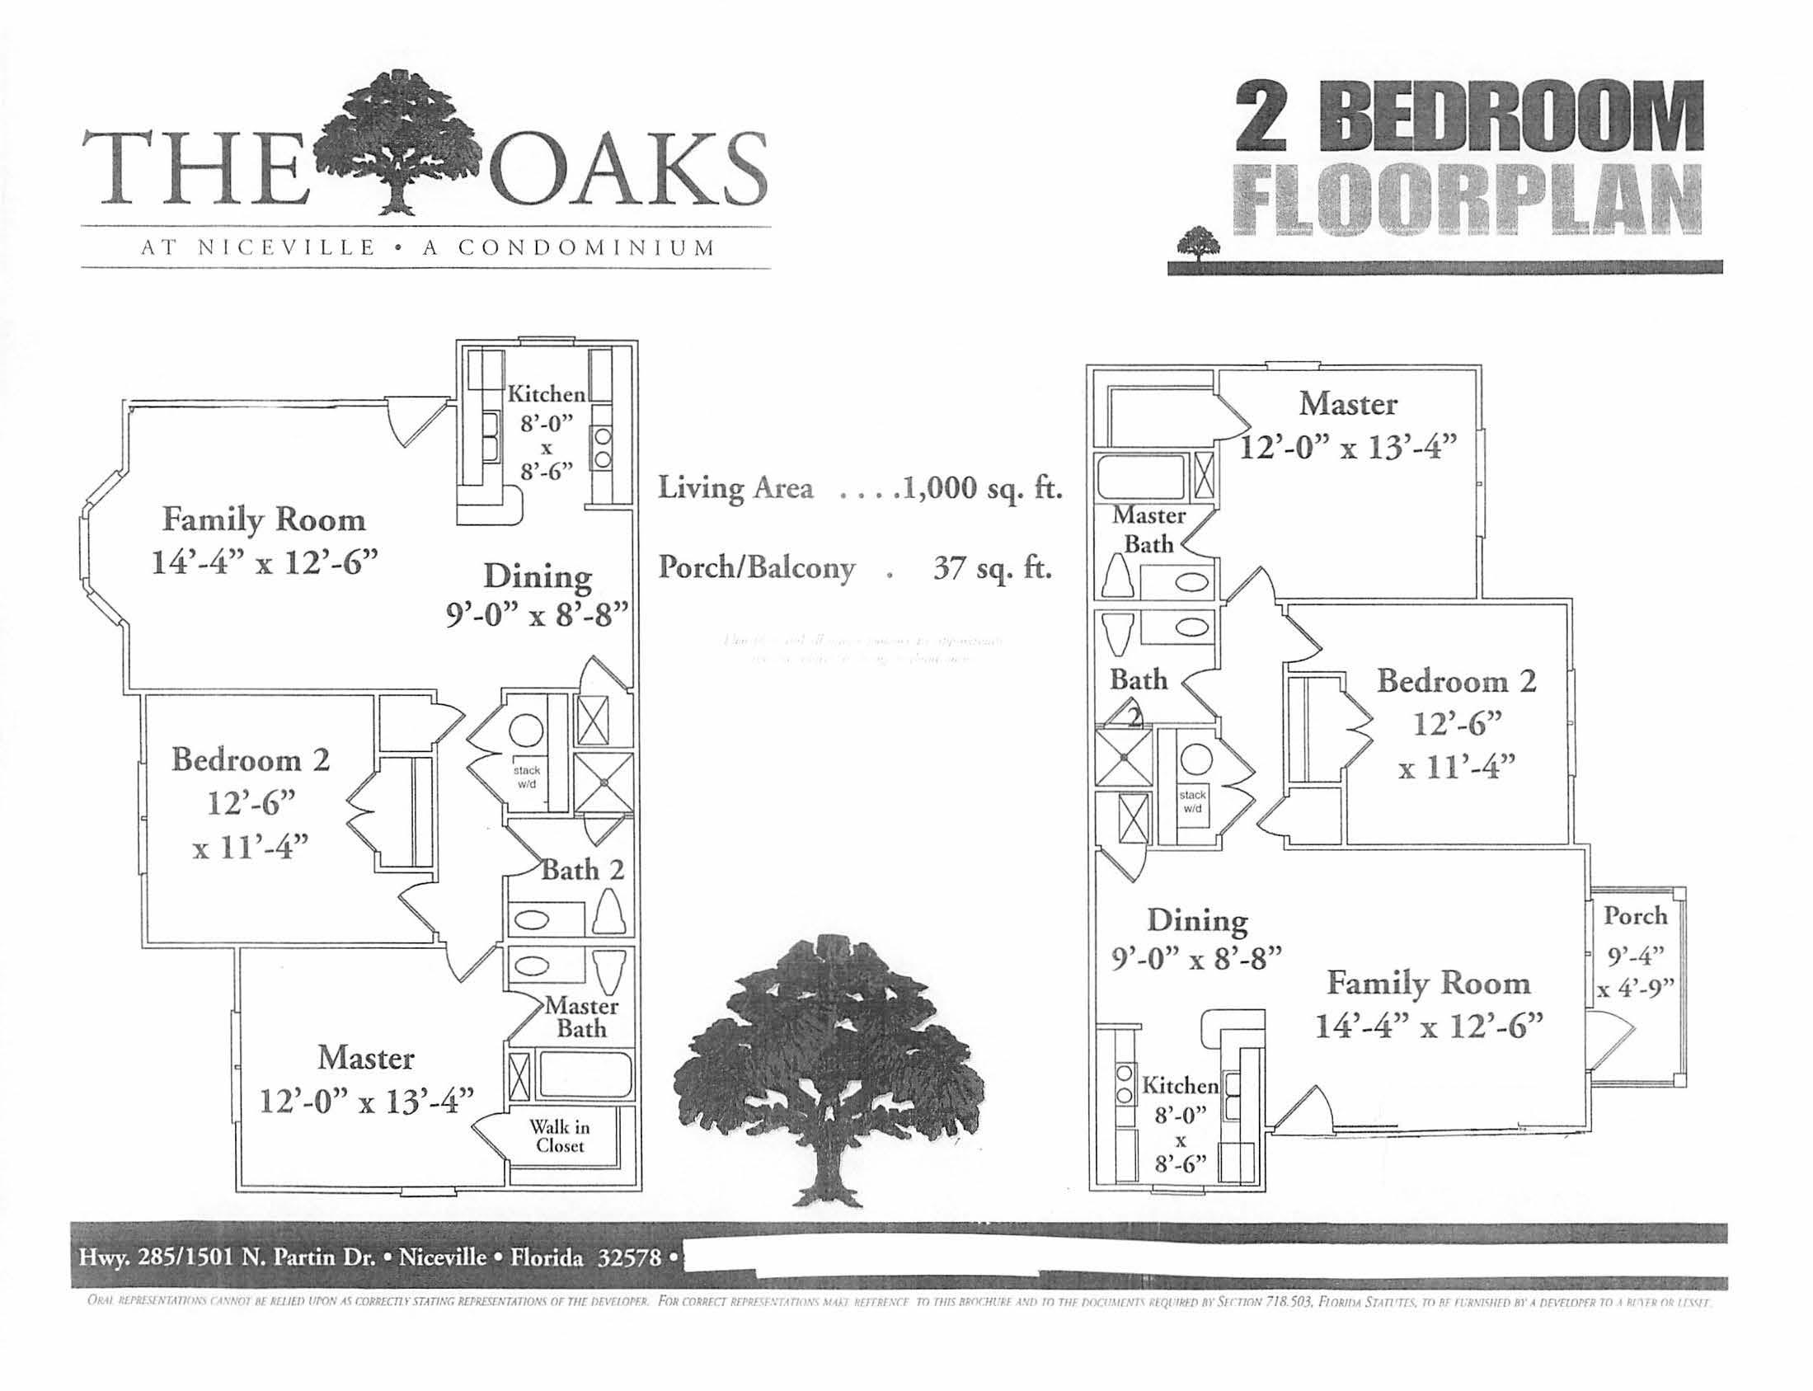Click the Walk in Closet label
click(560, 1135)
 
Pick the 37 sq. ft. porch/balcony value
click(992, 569)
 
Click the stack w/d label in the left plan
click(527, 776)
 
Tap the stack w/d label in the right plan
click(1192, 801)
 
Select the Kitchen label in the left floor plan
click(547, 394)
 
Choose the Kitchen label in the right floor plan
click(1180, 1084)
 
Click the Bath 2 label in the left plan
click(582, 870)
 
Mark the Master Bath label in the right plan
click(1148, 529)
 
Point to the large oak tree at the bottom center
click(828, 1068)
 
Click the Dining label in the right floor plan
click(1197, 920)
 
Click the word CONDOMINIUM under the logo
click(585, 247)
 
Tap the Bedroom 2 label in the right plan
click(1456, 681)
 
